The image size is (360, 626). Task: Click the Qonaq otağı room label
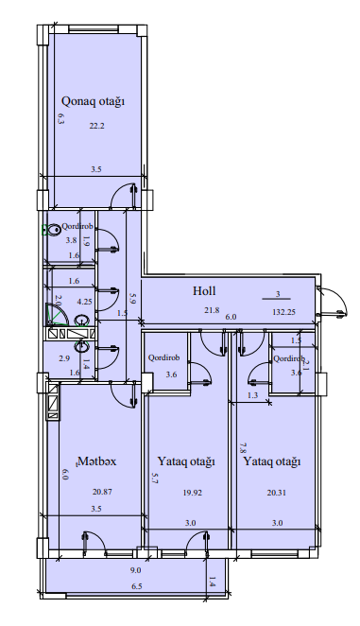(x=93, y=101)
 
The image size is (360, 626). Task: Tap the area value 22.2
(x=96, y=126)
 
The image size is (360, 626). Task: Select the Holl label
(x=204, y=290)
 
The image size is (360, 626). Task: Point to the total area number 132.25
(x=283, y=312)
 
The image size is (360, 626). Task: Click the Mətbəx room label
(x=97, y=461)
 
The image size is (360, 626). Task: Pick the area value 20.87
(x=102, y=492)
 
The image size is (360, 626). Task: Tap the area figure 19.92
(x=193, y=493)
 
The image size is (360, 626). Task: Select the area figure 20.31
(x=277, y=493)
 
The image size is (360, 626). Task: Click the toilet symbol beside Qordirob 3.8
(x=51, y=230)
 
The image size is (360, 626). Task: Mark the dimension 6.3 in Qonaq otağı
(x=60, y=119)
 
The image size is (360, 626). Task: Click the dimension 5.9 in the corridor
(x=132, y=300)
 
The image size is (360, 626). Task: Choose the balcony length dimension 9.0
(x=136, y=570)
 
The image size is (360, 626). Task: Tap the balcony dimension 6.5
(x=136, y=586)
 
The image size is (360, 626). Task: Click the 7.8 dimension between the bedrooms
(x=242, y=447)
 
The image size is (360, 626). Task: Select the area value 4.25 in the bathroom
(x=84, y=302)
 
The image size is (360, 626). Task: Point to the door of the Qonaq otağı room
(x=124, y=196)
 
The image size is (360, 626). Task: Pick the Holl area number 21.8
(x=211, y=309)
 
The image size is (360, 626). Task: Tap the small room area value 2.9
(x=64, y=358)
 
